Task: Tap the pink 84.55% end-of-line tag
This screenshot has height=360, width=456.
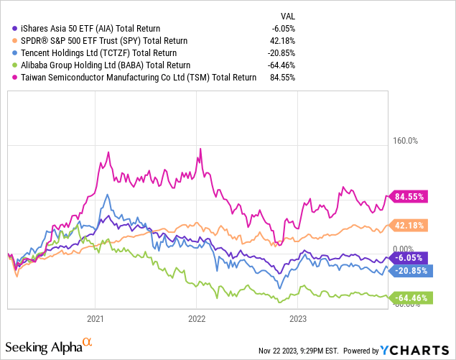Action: [x=408, y=195]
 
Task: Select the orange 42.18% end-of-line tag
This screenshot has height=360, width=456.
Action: [x=408, y=226]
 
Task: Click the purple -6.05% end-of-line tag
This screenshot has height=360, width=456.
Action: [x=408, y=257]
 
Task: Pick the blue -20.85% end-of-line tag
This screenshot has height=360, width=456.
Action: [x=409, y=271]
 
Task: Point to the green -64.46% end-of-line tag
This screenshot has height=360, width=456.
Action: [x=409, y=297]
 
